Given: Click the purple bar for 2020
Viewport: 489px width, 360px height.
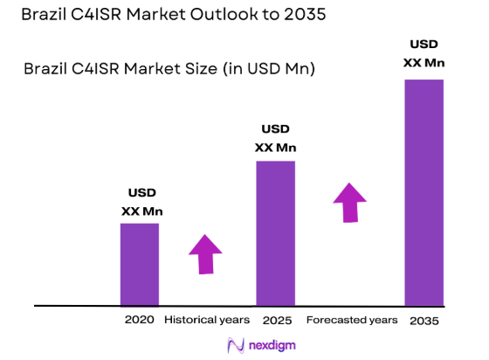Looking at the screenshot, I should [x=140, y=264].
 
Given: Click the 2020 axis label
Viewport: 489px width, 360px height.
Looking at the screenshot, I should [x=140, y=320].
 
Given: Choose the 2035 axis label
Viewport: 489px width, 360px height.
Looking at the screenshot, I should [x=424, y=321].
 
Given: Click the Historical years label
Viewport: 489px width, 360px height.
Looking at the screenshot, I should [x=207, y=320].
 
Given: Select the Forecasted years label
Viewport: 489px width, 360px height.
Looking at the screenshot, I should [x=352, y=320].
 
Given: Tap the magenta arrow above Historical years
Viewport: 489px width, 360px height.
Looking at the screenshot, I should [x=205, y=254].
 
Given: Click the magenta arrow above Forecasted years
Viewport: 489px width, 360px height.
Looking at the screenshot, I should [x=350, y=203].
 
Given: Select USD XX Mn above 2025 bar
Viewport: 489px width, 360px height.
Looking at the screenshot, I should [x=275, y=138].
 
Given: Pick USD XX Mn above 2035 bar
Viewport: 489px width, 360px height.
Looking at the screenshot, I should [x=424, y=52].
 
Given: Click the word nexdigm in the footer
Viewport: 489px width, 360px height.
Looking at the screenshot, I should [x=271, y=346].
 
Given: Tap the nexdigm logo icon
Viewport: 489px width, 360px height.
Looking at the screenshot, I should [x=235, y=345].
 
